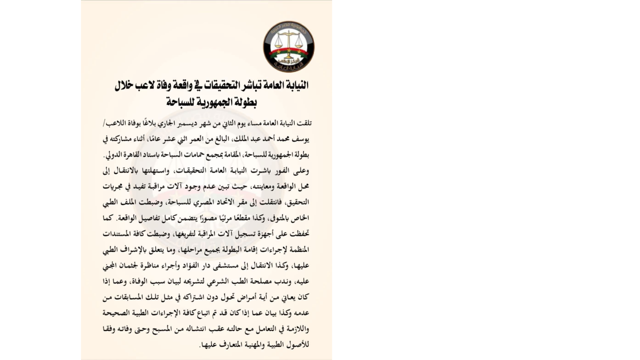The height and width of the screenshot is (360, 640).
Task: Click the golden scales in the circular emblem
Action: (x=288, y=38)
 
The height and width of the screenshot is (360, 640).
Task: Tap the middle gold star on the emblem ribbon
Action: (x=288, y=51)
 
